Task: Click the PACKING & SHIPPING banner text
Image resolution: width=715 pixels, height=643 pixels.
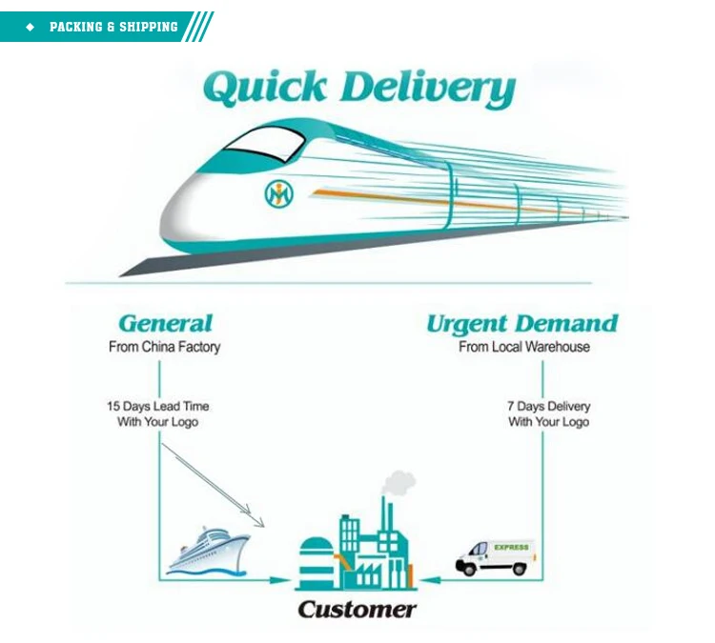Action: click(x=113, y=27)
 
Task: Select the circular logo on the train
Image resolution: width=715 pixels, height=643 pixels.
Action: click(x=279, y=193)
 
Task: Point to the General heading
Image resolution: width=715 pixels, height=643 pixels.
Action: click(x=165, y=324)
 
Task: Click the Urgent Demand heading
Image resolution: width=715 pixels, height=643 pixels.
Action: click(x=521, y=324)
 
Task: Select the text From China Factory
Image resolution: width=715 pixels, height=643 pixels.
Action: click(x=164, y=347)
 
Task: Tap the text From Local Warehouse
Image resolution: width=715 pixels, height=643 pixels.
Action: click(x=523, y=347)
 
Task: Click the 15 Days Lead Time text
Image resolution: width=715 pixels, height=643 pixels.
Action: click(x=157, y=406)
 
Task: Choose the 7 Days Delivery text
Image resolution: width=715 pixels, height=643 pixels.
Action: click(x=548, y=406)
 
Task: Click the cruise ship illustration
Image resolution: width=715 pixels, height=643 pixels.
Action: click(x=208, y=552)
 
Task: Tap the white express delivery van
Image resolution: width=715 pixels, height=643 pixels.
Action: click(x=495, y=556)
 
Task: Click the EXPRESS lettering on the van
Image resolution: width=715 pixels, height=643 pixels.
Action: click(x=511, y=548)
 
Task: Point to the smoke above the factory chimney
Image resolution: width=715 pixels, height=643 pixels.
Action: click(x=399, y=483)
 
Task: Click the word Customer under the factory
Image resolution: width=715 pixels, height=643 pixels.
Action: click(x=356, y=610)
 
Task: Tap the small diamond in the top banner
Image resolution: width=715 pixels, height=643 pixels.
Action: click(x=30, y=27)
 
